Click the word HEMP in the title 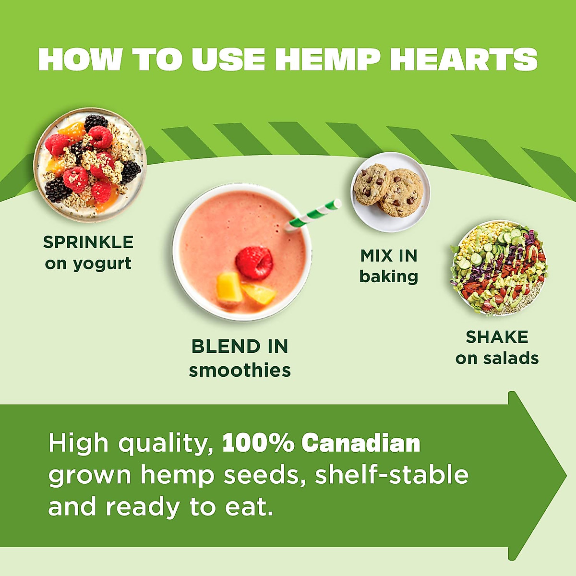click(328, 60)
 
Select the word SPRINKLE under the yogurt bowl click(88, 242)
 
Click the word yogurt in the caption click(102, 264)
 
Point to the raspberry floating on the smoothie click(254, 263)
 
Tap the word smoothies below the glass click(240, 370)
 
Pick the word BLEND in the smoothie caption click(219, 346)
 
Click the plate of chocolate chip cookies click(390, 192)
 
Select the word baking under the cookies click(389, 276)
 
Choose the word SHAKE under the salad click(497, 337)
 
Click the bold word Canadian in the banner click(361, 443)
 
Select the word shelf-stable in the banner click(392, 475)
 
